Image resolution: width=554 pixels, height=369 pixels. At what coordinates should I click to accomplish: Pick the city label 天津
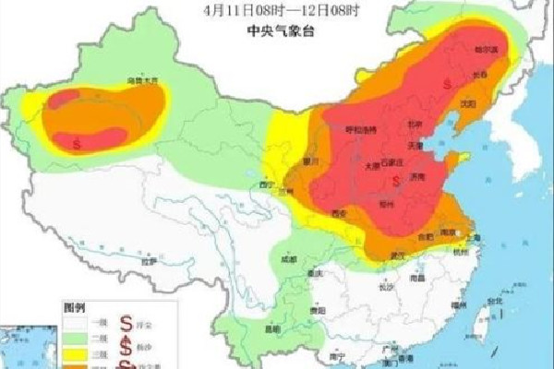pos(418,144)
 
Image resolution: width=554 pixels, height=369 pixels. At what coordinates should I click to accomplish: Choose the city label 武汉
pos(398,254)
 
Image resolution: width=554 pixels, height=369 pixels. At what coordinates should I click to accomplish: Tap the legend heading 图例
pos(74,305)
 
